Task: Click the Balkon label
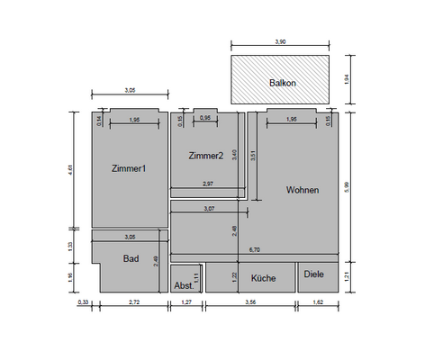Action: click(283, 83)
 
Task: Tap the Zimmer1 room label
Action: click(129, 168)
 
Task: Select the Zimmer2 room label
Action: click(205, 156)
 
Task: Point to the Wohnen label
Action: click(303, 190)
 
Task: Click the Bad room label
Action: click(131, 257)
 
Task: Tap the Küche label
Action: click(263, 279)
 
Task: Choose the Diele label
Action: click(314, 274)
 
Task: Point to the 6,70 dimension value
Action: click(255, 249)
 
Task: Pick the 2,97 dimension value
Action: click(208, 184)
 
